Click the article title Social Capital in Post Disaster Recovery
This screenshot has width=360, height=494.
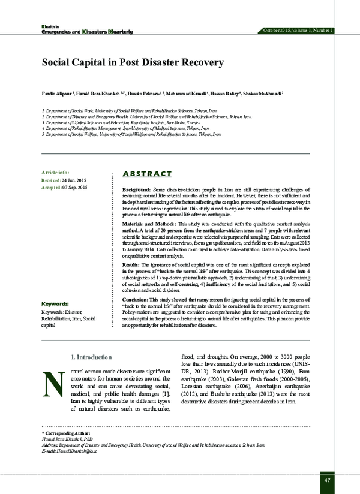point(132,62)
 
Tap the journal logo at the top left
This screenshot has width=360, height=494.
point(77,29)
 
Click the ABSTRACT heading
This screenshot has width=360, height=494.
point(146,174)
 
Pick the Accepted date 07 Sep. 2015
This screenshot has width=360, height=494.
point(74,188)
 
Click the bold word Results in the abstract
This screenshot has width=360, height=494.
point(131,264)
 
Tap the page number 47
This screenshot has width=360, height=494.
point(326,480)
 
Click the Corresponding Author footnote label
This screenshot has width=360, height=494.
point(65,432)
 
